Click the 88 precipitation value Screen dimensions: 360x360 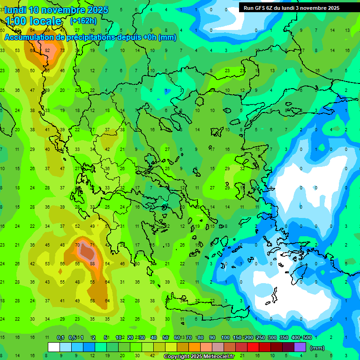pyautogui.click(x=92, y=263)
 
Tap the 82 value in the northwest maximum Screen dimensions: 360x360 pyautogui.click(x=47, y=51)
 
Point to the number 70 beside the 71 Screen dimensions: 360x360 pyautogui.click(x=77, y=245)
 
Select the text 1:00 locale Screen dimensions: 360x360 pyautogui.click(x=33, y=21)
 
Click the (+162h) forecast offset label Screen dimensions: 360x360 pyautogui.click(x=83, y=21)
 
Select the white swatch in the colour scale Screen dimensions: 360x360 pyautogui.click(x=54, y=347)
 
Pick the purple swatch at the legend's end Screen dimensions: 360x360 pyautogui.click(x=300, y=347)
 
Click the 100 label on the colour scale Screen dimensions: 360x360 pyautogui.click(x=225, y=338)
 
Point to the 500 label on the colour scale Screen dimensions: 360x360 pyautogui.click(x=307, y=338)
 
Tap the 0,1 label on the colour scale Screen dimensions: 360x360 pyautogui.click(x=60, y=338)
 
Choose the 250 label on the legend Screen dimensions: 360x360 pyautogui.click(x=259, y=338)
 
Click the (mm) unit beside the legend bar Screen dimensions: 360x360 pyautogui.click(x=317, y=348)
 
